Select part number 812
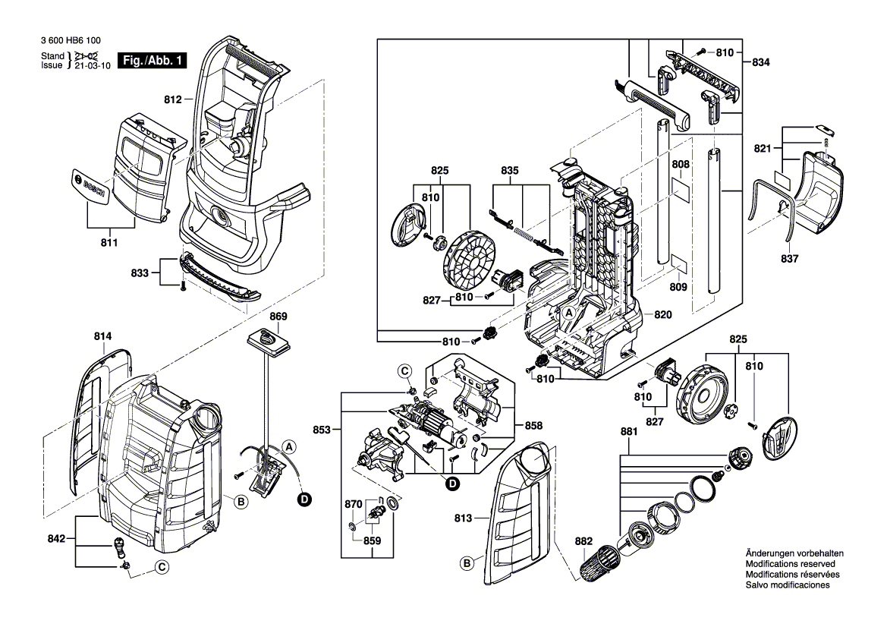click(172, 99)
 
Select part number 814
click(103, 336)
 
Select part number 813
click(464, 519)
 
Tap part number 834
click(761, 63)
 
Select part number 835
click(510, 171)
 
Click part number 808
click(681, 163)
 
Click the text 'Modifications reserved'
click(790, 565)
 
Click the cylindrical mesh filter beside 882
click(596, 566)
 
